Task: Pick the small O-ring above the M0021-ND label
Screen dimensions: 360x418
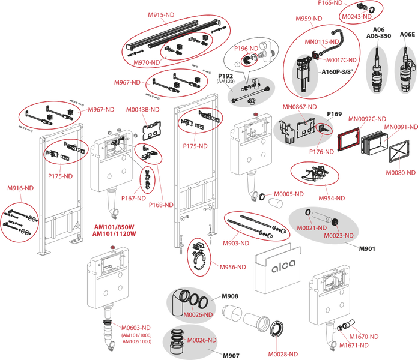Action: (x=307, y=214)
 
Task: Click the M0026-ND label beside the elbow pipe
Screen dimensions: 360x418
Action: (x=198, y=314)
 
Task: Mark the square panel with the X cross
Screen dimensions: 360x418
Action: (x=398, y=153)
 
